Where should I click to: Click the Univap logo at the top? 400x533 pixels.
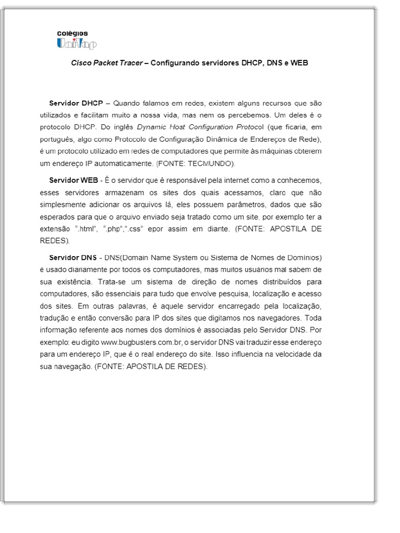coord(77,44)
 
